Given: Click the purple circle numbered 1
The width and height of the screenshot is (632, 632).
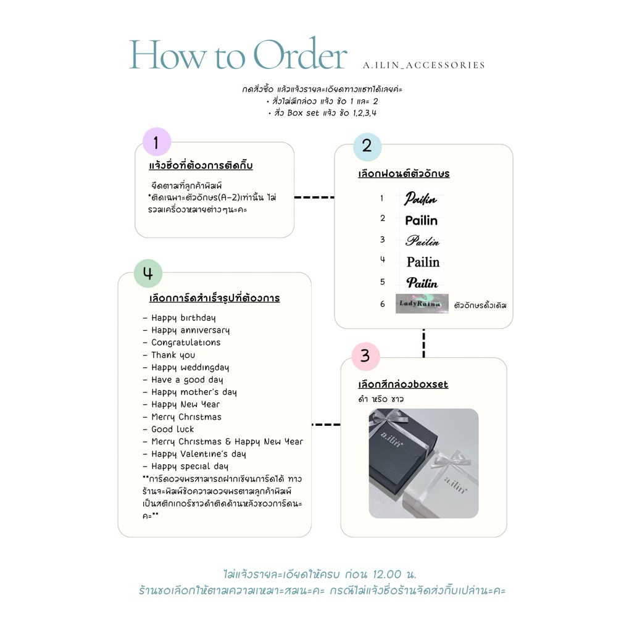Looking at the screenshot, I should [156, 143].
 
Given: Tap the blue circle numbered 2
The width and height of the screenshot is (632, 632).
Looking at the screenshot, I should [367, 146].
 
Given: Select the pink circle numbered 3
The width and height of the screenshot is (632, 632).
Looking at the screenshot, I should [365, 356].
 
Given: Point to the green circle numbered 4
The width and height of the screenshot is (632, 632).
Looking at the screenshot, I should [148, 273].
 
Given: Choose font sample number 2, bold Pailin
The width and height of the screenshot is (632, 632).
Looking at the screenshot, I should [422, 220].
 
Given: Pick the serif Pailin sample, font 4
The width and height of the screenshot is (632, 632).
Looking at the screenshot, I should [423, 262].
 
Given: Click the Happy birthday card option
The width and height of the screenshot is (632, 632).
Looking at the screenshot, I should [183, 318].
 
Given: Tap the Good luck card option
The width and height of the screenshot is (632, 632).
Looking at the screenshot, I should [172, 429].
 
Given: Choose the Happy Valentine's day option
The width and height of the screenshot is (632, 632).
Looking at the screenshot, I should [198, 454].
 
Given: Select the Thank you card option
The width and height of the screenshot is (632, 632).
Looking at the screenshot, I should [173, 355].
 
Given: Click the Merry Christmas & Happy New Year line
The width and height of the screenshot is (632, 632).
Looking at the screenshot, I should [227, 441].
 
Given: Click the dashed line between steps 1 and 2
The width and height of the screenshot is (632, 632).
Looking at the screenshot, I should [314, 197].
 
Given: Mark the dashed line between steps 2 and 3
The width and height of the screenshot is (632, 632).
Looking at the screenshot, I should [423, 343].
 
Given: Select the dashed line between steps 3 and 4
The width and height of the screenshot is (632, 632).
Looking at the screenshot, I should [326, 425].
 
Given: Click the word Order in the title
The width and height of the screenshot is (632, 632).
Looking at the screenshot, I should [300, 56].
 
